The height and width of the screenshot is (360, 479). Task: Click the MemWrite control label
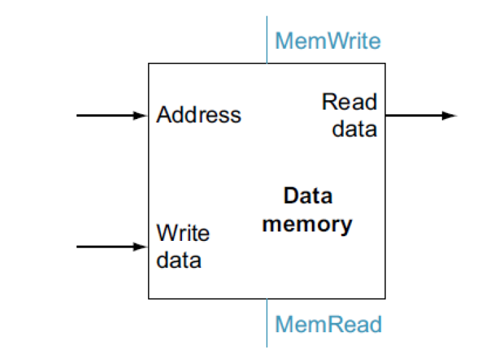coord(327,41)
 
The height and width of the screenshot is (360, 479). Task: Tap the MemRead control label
coord(328,323)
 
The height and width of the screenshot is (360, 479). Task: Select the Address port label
coord(198,115)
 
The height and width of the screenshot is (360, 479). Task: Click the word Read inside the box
coord(349,102)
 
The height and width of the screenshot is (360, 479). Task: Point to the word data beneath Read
coord(355,128)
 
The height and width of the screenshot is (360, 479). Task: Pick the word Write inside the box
coord(183,233)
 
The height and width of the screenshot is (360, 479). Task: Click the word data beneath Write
coord(179,259)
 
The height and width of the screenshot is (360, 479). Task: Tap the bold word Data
coord(308,196)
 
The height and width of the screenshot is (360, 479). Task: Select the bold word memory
coord(307,223)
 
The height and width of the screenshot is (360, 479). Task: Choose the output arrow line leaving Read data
coord(413,116)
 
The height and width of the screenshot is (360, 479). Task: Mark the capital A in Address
coord(163,115)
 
